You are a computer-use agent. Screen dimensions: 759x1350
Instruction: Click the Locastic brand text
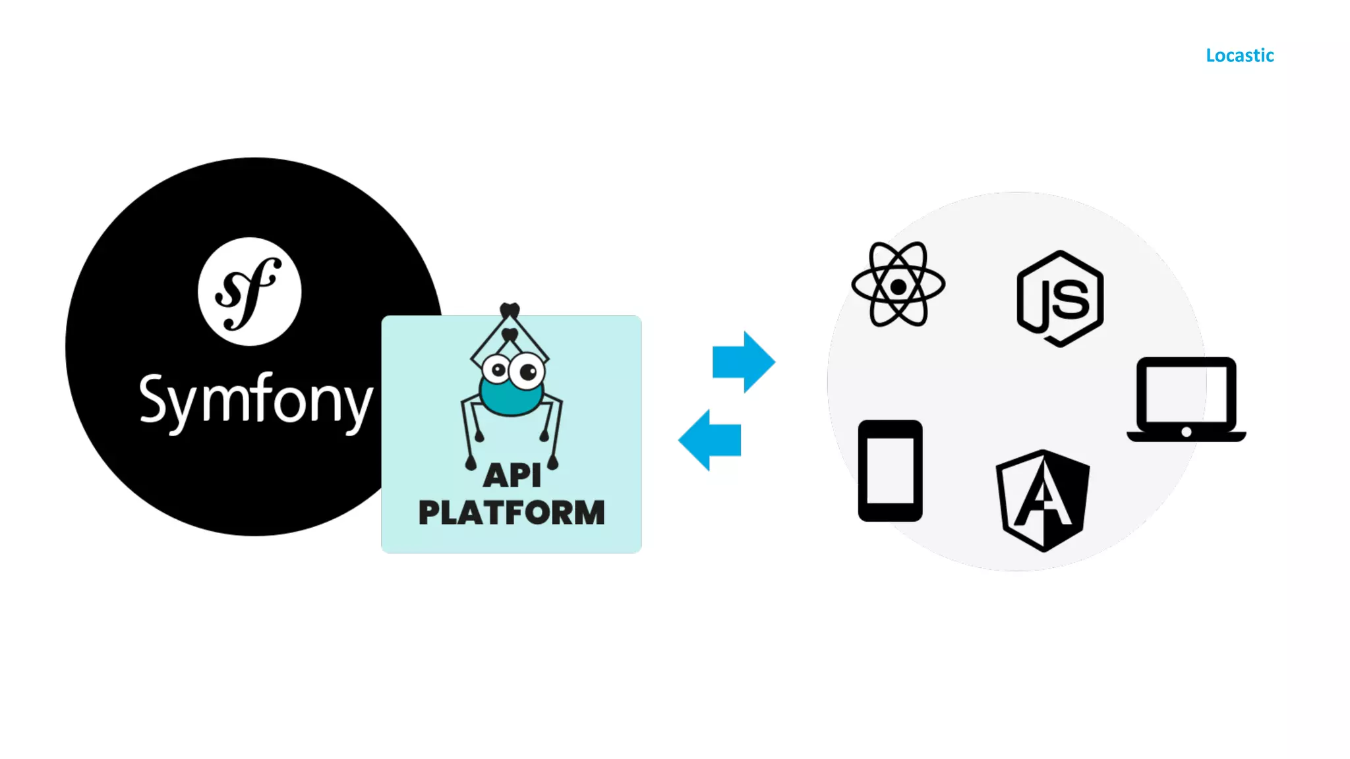click(1239, 55)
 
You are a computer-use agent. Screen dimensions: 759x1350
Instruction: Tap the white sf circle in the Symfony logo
click(249, 291)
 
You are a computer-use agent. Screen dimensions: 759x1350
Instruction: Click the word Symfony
click(256, 399)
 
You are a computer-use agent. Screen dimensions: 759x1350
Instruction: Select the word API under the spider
click(512, 475)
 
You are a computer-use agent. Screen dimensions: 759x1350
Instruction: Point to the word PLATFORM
click(512, 513)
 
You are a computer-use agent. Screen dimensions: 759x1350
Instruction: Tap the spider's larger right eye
click(527, 372)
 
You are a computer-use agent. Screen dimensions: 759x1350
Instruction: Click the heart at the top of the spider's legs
click(510, 310)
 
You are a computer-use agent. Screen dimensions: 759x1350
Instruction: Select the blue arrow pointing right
click(744, 362)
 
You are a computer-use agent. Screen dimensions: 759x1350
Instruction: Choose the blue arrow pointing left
click(710, 440)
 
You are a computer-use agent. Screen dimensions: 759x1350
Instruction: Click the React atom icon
click(898, 285)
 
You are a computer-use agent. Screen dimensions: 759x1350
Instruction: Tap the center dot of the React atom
click(898, 287)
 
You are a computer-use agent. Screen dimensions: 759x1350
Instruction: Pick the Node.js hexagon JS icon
click(1060, 298)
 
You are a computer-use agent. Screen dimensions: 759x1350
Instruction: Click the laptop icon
click(1187, 399)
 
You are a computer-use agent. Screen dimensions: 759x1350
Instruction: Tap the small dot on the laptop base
click(1187, 432)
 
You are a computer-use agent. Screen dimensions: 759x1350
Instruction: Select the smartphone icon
click(890, 470)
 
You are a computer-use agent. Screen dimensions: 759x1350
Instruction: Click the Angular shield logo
click(1043, 501)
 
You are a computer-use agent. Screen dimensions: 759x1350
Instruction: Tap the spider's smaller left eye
click(496, 370)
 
